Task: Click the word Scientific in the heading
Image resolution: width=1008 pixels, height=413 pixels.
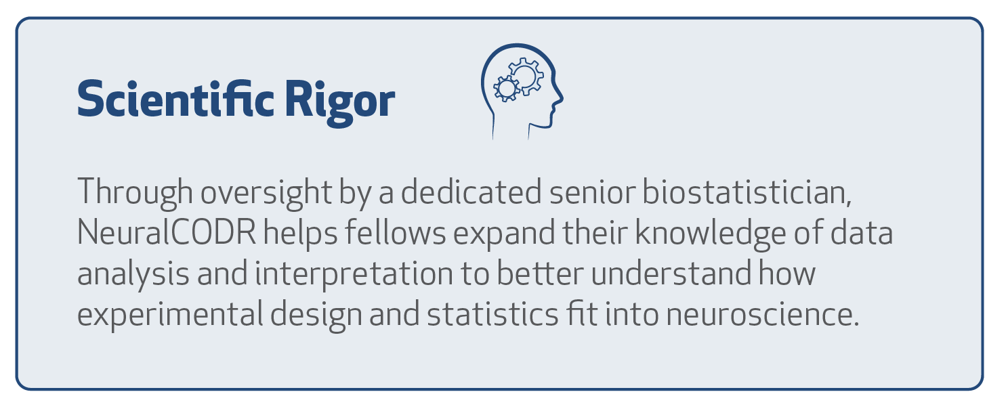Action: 175,99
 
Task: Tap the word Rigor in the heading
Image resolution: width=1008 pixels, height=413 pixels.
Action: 340,104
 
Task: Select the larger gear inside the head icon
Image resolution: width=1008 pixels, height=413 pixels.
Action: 526,76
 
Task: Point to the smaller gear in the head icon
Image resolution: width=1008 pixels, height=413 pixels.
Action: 507,88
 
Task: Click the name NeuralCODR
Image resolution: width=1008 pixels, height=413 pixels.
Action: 167,233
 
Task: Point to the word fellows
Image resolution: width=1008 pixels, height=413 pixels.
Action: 396,232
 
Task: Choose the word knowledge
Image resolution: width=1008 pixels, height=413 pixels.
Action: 711,234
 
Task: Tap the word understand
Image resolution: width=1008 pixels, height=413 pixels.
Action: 671,273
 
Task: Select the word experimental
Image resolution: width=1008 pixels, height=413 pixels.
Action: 170,314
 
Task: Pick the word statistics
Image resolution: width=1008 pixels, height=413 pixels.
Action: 492,313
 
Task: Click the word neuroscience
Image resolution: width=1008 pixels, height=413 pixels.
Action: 763,314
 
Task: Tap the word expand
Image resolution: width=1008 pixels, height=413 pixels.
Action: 504,234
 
